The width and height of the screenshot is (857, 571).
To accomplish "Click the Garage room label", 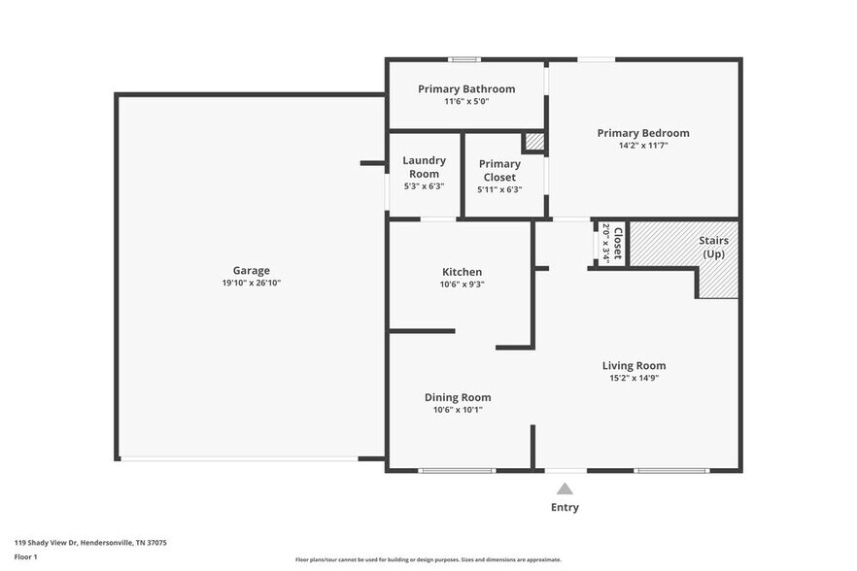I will (251, 270).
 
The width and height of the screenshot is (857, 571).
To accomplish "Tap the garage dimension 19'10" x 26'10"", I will (251, 283).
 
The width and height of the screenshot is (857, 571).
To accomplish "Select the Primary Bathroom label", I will (466, 88).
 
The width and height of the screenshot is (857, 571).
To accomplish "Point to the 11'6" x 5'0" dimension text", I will (466, 101).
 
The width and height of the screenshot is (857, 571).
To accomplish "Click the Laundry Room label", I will (424, 167).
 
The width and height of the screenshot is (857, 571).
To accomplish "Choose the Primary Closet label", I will (499, 171).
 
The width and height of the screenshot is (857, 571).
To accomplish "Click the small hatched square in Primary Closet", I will (533, 143).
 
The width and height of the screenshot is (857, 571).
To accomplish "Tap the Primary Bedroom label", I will (642, 133).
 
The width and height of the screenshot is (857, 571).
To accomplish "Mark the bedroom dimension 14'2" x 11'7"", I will (642, 146).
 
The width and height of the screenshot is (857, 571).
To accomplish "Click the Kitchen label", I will (461, 272).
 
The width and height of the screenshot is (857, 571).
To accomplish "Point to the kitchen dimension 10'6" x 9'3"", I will (461, 285).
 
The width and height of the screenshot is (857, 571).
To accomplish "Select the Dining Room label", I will (457, 396).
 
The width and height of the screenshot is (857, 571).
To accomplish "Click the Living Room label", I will (634, 365).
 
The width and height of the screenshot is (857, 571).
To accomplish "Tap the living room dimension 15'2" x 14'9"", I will (634, 378).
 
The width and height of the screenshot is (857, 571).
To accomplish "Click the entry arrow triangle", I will (565, 489).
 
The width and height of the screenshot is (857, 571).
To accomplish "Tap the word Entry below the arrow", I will (565, 507).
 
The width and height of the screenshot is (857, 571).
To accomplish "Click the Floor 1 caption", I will (25, 556).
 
